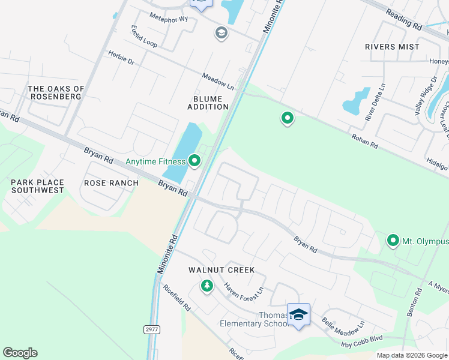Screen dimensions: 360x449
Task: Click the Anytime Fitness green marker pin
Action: (x=194, y=160)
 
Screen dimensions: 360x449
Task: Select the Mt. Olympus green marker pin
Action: (x=393, y=241)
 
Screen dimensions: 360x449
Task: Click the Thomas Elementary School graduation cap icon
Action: (x=298, y=314)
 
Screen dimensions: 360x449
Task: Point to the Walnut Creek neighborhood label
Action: (x=221, y=271)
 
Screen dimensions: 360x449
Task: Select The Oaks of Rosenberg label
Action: (x=56, y=93)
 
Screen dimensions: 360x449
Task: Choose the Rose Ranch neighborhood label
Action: (x=111, y=183)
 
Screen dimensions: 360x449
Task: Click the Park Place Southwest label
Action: (x=37, y=185)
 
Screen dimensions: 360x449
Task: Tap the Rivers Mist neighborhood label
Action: (x=392, y=47)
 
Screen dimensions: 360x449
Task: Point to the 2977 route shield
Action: (x=151, y=329)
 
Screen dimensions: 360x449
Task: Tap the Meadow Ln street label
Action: (x=217, y=82)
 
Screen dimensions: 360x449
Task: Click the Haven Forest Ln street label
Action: (x=243, y=288)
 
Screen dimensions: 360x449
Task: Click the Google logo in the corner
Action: (x=20, y=353)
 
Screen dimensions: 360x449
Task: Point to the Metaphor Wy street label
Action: (x=169, y=19)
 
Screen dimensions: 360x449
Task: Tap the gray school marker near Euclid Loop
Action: (x=221, y=33)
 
